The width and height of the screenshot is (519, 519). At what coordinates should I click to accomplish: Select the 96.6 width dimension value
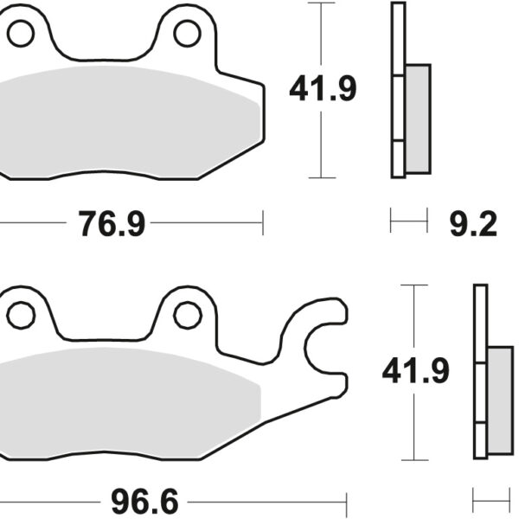(x=144, y=501)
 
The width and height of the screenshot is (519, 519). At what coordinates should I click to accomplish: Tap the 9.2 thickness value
(x=474, y=225)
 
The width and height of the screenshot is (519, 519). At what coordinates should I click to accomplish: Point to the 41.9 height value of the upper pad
(x=323, y=89)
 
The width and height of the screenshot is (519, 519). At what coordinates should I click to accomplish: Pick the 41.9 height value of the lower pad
(x=416, y=372)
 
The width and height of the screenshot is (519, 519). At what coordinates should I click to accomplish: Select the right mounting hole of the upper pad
(x=187, y=34)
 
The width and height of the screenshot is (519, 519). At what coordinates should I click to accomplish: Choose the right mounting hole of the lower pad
(x=187, y=316)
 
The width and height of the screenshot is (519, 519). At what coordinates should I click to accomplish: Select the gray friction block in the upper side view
(x=417, y=118)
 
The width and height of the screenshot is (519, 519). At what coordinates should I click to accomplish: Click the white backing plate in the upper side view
(x=398, y=90)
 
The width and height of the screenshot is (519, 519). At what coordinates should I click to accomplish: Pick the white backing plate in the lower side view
(x=480, y=372)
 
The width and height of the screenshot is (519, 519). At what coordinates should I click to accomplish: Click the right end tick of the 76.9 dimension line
(x=262, y=225)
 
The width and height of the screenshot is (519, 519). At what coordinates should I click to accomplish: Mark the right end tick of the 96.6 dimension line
(x=346, y=501)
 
